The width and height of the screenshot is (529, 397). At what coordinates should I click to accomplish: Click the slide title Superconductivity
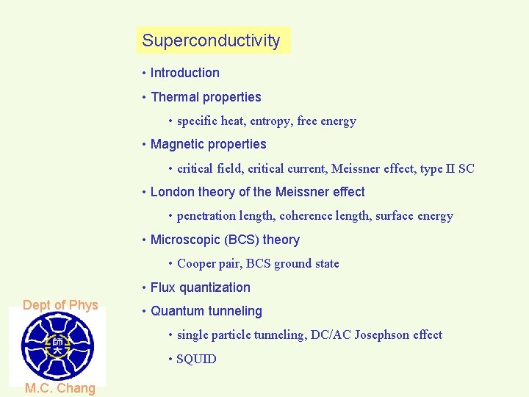212,40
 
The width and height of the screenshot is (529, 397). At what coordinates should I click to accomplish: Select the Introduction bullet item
184,73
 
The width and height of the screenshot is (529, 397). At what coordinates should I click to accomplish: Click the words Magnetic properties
208,144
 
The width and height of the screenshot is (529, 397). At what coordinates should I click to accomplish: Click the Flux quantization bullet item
200,287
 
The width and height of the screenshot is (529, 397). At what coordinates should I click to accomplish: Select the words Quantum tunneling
206,311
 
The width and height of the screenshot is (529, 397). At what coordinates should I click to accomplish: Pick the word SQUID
196,359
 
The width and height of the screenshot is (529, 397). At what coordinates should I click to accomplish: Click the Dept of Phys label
60,305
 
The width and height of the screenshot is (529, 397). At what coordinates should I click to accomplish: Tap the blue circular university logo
57,346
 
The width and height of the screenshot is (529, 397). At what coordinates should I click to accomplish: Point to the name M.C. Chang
60,388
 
